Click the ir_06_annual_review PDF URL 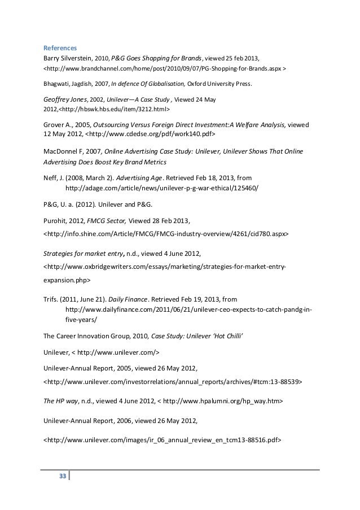click(162, 439)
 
